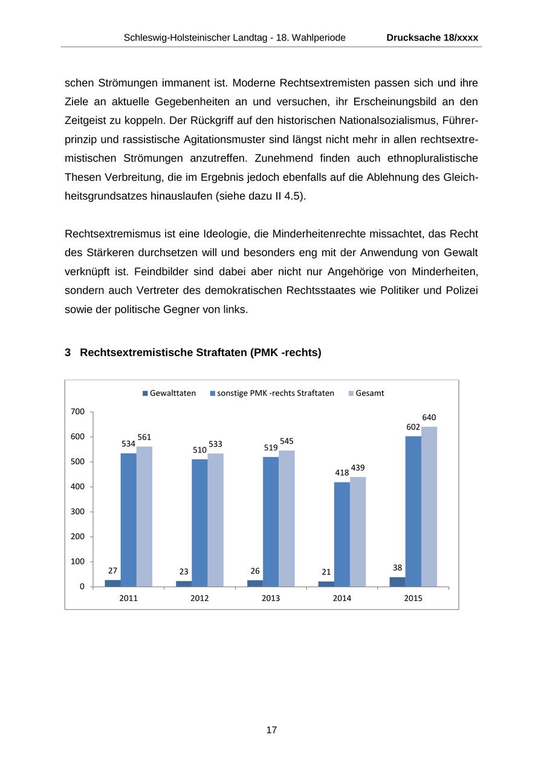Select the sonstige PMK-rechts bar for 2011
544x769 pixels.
tap(128, 520)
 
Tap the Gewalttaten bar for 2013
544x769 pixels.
tap(255, 583)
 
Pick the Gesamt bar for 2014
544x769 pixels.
tap(358, 532)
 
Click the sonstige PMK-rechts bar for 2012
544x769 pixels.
tap(199, 523)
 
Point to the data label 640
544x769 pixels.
tap(429, 418)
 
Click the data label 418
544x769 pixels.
tap(342, 473)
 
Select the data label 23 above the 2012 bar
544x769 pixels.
tap(184, 571)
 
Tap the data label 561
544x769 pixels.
tap(144, 437)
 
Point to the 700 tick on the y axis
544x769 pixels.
tap(77, 412)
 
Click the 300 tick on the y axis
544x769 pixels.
tap(77, 511)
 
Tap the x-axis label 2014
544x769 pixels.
tap(342, 599)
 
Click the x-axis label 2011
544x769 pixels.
tap(128, 599)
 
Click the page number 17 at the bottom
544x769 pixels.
tap(271, 730)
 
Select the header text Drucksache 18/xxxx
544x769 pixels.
tap(432, 37)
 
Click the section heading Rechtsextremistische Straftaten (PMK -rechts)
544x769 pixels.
tap(200, 352)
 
